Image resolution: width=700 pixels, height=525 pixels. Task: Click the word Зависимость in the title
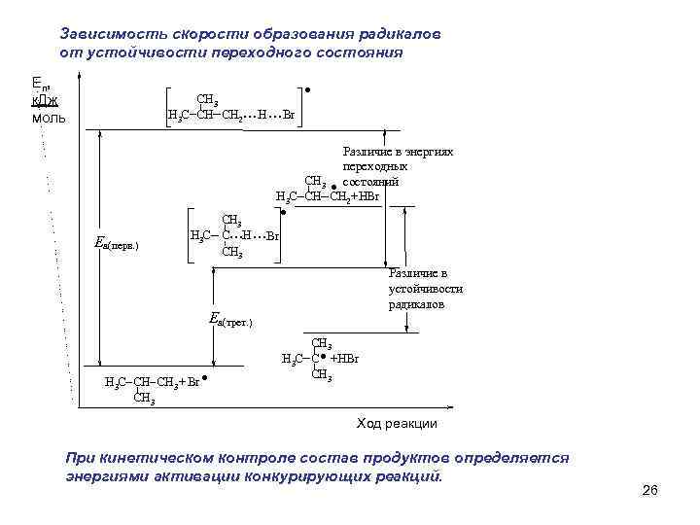(106, 33)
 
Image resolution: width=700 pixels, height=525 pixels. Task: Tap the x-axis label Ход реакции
(397, 424)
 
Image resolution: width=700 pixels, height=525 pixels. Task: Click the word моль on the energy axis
(48, 120)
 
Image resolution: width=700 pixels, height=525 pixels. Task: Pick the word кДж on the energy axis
(45, 101)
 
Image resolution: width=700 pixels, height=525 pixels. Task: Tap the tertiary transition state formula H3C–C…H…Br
(234, 235)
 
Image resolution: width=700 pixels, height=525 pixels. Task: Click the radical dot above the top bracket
(307, 90)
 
